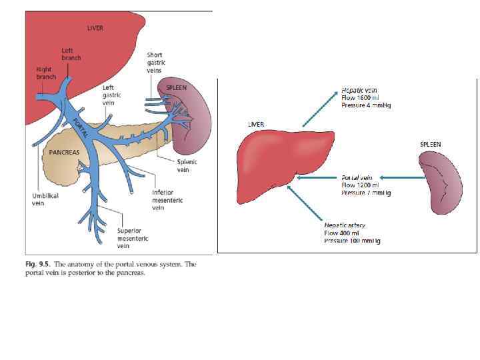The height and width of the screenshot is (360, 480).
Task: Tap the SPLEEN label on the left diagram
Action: (176, 88)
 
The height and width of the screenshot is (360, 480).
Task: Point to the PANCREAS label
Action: (65, 152)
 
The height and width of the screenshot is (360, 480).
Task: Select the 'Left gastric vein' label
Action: (111, 95)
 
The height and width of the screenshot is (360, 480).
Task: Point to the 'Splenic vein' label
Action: (183, 165)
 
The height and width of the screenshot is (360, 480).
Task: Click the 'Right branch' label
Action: (46, 72)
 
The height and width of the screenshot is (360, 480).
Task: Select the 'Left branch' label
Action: (71, 53)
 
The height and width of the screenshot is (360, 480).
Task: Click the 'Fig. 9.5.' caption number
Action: (37, 264)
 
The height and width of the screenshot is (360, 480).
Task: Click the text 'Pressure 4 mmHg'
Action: (366, 105)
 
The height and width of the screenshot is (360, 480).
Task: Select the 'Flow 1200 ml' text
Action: (360, 185)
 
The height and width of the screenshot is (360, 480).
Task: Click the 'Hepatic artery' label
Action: (345, 225)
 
